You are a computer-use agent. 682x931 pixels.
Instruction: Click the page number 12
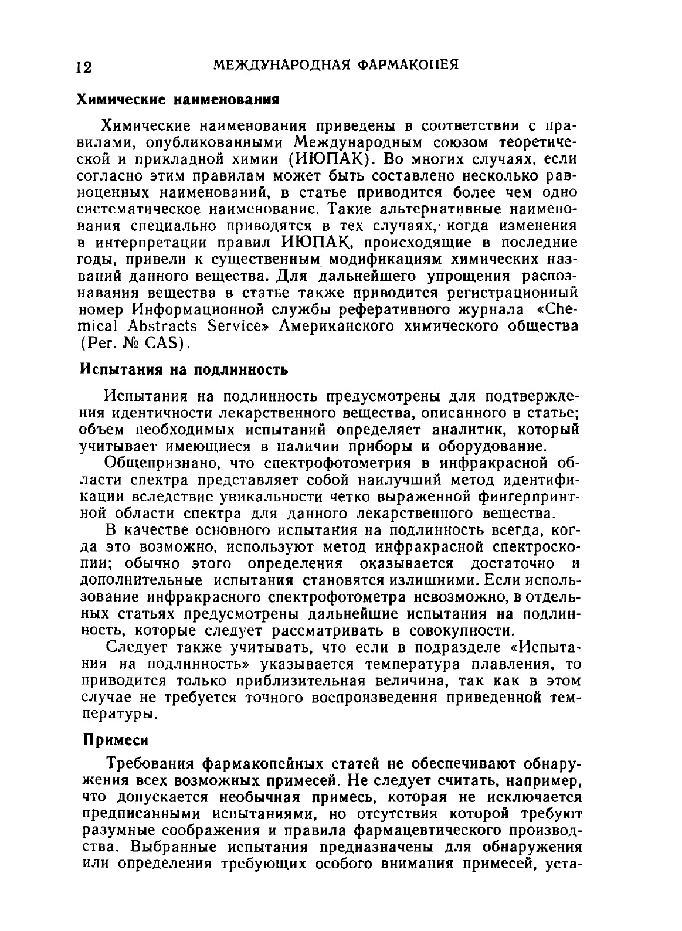click(x=84, y=66)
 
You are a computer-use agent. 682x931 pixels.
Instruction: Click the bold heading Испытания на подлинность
click(x=184, y=370)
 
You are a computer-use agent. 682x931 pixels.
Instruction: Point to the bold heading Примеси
click(x=114, y=740)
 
